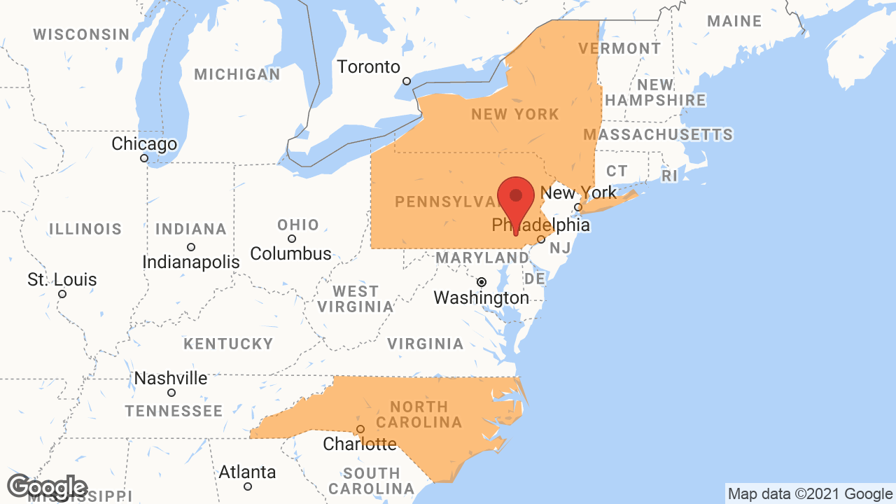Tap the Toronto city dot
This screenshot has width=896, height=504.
(407, 81)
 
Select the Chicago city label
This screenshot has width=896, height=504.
(144, 144)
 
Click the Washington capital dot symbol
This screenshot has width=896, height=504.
(482, 282)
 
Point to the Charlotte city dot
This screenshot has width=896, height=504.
(360, 429)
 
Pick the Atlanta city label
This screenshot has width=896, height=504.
(247, 472)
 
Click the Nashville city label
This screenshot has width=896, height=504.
(171, 379)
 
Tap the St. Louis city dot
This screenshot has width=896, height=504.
(62, 294)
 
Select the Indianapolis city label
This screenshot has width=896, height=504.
(191, 262)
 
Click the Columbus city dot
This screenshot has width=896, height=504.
(292, 239)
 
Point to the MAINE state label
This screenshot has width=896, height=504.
(734, 22)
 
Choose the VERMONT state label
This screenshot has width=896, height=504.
(619, 48)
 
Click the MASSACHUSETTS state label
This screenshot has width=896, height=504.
(658, 134)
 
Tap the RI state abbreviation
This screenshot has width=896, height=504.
(670, 176)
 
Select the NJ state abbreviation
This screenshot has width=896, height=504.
(560, 248)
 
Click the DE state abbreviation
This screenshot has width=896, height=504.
(535, 279)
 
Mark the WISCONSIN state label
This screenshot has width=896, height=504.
(81, 34)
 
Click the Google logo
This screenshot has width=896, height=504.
(47, 487)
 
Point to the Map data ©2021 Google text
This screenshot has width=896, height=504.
(810, 494)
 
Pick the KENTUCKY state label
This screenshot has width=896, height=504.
(228, 344)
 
